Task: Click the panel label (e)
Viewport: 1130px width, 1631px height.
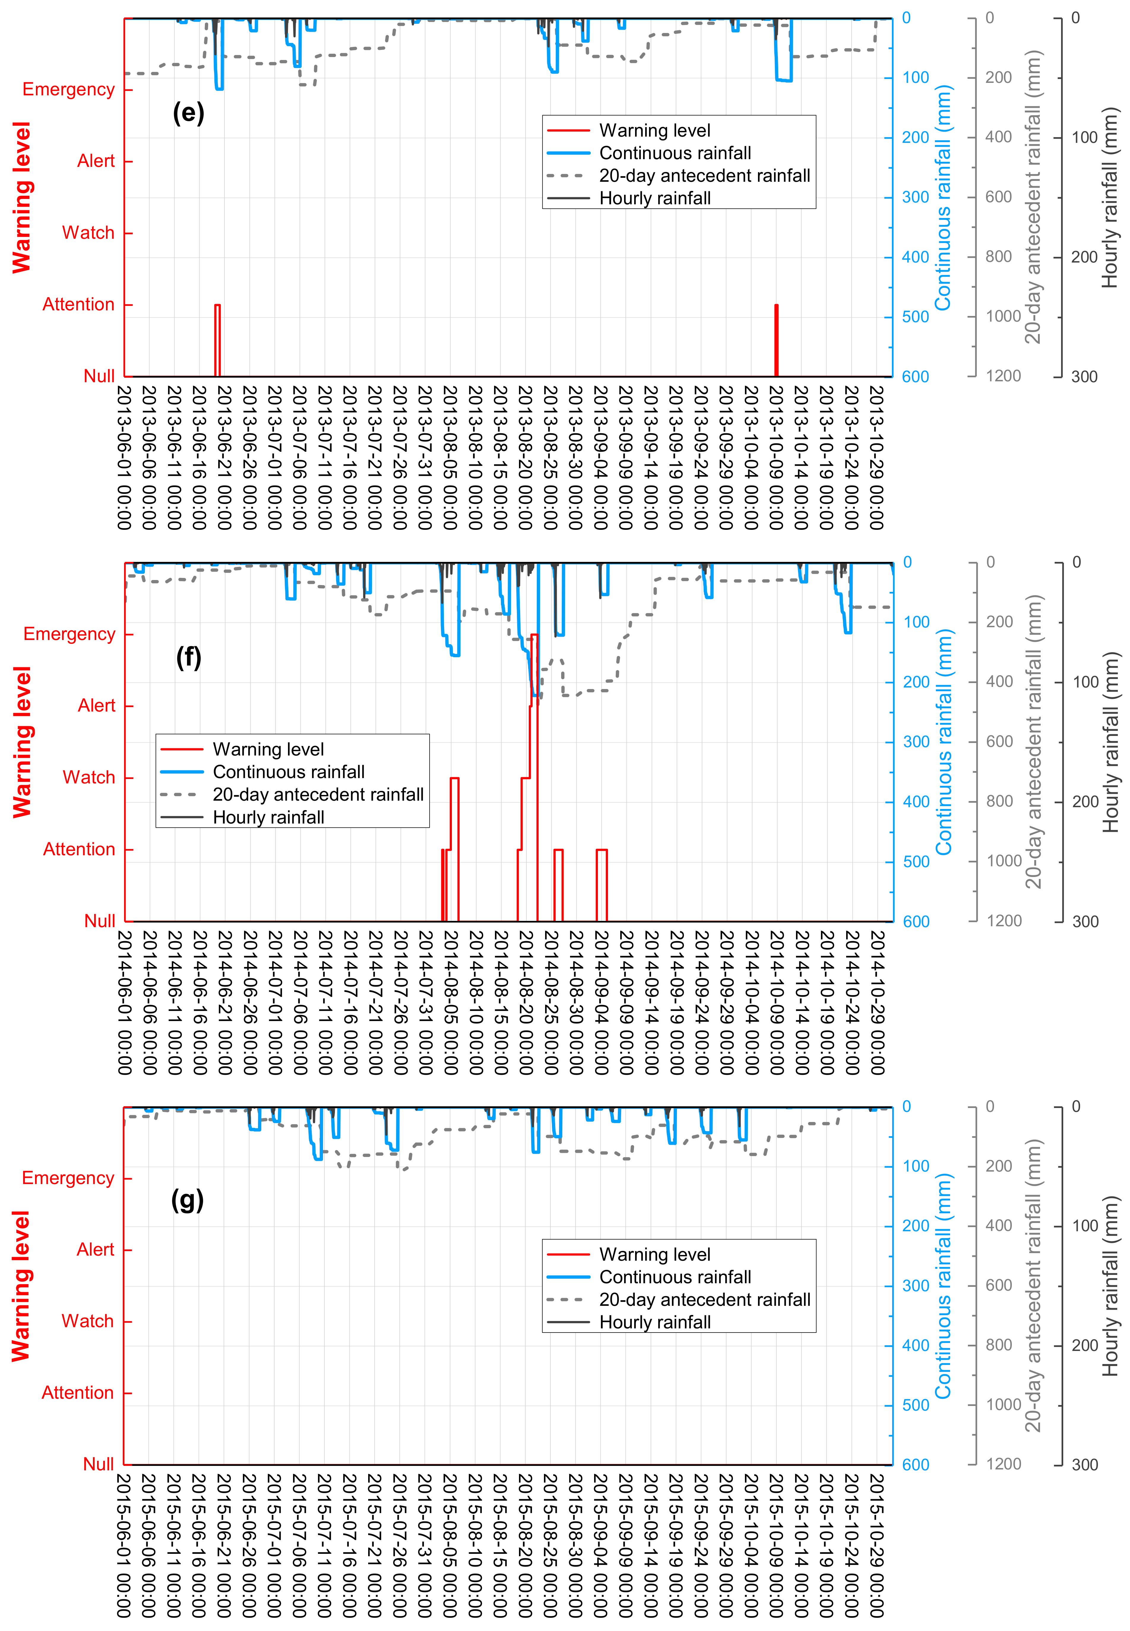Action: tap(188, 113)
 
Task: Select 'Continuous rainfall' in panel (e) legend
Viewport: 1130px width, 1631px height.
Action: tap(675, 153)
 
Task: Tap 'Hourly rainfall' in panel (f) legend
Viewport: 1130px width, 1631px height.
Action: tap(268, 817)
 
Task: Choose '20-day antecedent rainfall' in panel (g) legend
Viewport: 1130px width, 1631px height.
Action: tap(705, 1300)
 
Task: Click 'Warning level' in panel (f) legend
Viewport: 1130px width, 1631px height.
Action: tap(268, 749)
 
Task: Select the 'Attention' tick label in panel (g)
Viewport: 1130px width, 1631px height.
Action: tap(77, 1392)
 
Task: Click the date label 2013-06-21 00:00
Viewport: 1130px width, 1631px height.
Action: tap(224, 457)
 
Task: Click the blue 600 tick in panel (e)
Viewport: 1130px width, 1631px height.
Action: tap(915, 377)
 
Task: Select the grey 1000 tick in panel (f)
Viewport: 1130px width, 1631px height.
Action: tap(1004, 861)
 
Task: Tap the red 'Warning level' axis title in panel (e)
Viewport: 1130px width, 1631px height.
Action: tap(21, 197)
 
